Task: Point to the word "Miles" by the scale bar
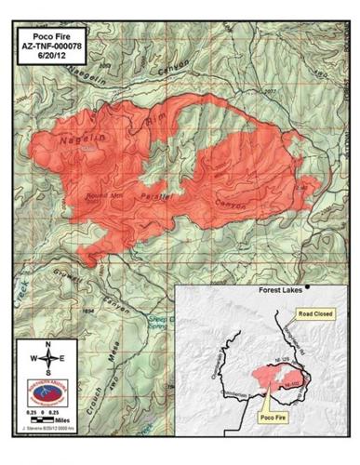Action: tap(61, 420)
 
